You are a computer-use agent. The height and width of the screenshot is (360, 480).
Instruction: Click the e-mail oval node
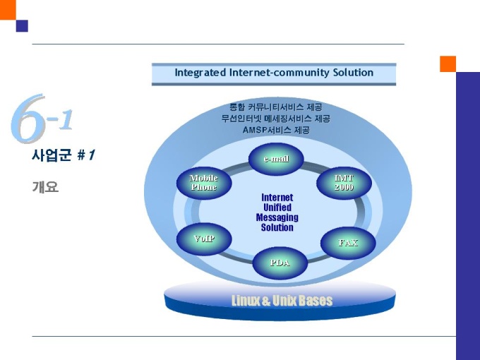click(276, 159)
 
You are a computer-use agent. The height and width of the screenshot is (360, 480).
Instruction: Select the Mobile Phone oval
click(204, 183)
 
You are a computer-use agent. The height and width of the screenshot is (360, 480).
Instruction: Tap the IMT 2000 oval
click(344, 183)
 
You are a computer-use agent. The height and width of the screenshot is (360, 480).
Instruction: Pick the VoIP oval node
click(204, 239)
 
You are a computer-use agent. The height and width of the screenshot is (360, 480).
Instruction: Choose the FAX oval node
click(348, 243)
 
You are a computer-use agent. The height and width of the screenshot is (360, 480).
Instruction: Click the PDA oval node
click(280, 263)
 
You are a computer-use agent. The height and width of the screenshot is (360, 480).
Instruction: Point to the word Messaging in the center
click(277, 217)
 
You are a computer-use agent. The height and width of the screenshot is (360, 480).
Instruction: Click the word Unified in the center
click(277, 208)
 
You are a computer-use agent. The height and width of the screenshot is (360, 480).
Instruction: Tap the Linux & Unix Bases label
click(282, 301)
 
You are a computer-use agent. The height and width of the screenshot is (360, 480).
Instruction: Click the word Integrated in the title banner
click(200, 73)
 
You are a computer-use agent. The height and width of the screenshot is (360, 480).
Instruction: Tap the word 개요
click(44, 187)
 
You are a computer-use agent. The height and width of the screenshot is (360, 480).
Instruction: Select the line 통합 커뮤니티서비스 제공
click(276, 107)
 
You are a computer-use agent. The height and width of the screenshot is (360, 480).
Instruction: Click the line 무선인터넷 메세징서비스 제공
click(276, 119)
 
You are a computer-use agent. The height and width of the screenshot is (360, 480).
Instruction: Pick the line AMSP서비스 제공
click(276, 130)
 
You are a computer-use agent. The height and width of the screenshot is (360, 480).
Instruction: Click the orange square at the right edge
click(448, 64)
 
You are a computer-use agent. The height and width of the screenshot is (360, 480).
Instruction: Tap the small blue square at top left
click(22, 26)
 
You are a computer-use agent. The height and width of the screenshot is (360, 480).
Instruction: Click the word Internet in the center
click(277, 198)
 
